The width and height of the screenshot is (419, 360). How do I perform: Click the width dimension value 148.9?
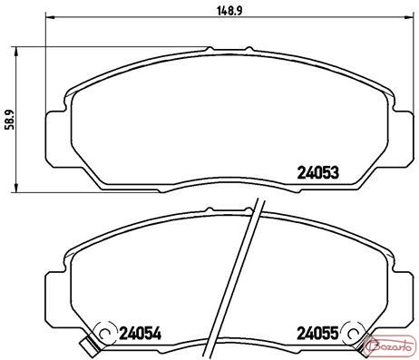[229, 11]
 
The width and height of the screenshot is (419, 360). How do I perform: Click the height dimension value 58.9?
[10, 119]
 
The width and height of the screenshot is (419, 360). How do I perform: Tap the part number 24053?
[318, 173]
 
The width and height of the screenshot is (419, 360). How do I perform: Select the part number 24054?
[141, 334]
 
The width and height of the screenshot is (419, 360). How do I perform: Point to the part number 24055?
[317, 334]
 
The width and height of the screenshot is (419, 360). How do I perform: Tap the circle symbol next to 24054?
[105, 333]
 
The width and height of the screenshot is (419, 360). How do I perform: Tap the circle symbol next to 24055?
[354, 333]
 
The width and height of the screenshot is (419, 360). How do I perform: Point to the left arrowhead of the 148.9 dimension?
[49, 17]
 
